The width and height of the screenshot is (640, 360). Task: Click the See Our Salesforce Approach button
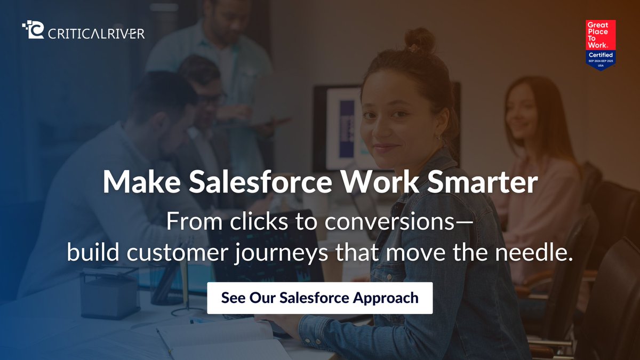tap(319, 298)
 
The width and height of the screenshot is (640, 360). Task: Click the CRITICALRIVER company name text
tap(97, 34)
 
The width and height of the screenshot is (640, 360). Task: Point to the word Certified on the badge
tap(601, 55)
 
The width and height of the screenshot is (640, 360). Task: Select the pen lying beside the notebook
tap(165, 341)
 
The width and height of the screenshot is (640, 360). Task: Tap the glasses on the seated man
tap(211, 99)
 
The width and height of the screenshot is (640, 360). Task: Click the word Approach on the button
tap(386, 298)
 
